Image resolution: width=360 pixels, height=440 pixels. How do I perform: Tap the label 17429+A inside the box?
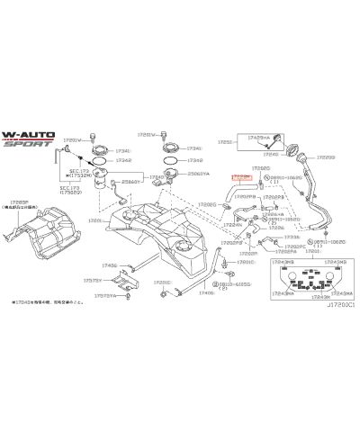tap(258, 138)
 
